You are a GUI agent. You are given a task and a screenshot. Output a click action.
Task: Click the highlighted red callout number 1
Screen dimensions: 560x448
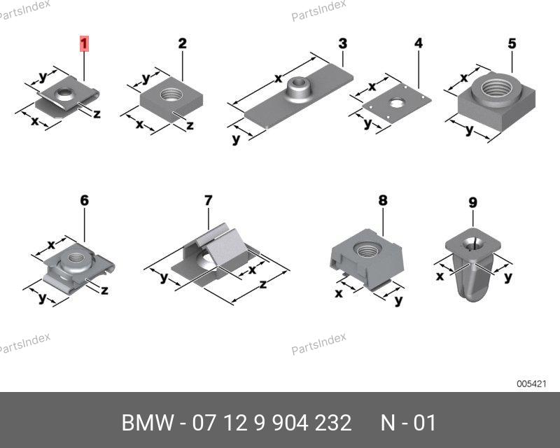pos(84,44)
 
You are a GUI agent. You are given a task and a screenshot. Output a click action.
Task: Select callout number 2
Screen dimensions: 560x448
pos(182,43)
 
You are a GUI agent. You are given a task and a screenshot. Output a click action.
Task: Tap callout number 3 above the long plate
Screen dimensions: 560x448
pos(342,43)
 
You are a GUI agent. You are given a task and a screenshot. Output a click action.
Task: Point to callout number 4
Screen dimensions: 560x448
pos(419,43)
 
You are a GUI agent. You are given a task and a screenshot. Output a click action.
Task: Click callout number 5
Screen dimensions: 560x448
pos(512,43)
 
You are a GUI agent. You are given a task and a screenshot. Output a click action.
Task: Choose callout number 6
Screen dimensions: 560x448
pos(84,200)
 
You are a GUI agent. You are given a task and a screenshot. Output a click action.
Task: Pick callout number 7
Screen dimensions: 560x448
pos(209,200)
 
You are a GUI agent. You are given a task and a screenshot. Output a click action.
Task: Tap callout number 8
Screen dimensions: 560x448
pos(383,200)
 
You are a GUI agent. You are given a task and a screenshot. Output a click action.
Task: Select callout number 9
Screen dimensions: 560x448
pos(473,202)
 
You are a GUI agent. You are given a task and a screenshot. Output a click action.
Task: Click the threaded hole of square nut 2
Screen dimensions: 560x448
pos(171,94)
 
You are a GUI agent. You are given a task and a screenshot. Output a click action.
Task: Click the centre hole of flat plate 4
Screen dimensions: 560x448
pos(395,103)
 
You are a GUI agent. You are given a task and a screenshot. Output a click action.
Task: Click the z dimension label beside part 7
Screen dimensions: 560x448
pos(263,284)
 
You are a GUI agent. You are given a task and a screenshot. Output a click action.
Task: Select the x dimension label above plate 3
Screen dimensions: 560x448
pos(278,78)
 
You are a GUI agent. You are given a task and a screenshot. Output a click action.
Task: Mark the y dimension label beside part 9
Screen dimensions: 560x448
pos(508,277)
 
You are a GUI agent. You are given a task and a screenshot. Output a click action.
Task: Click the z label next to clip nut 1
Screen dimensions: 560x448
pos(97,114)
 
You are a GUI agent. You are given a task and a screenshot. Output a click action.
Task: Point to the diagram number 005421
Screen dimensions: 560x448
pos(531,384)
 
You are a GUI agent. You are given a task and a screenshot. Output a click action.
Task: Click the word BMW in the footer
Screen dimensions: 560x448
pos(148,423)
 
